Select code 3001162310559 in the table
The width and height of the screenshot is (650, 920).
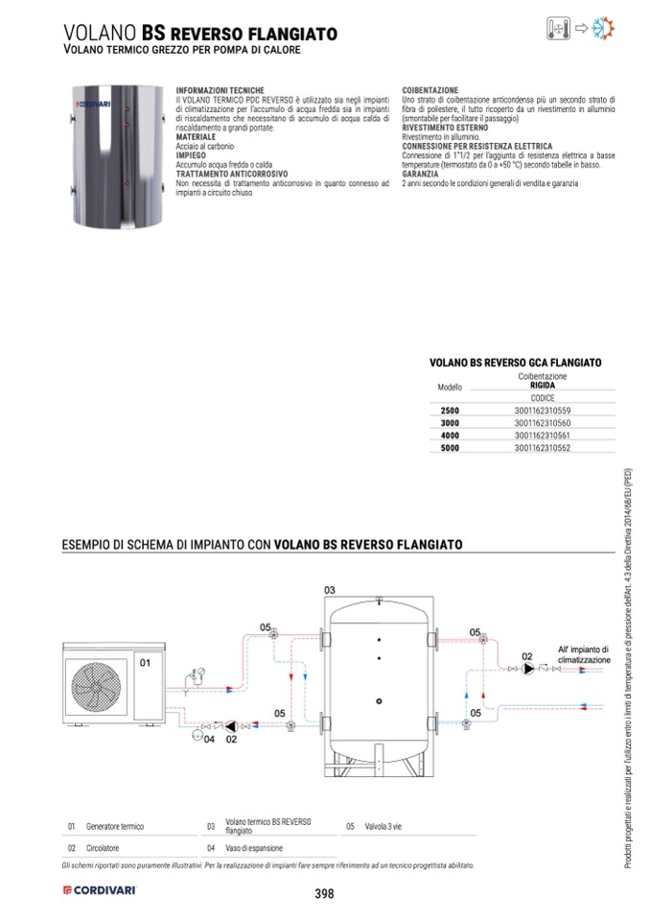point(543,411)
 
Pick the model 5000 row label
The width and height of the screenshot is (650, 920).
point(450,448)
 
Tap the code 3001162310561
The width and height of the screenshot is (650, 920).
point(543,436)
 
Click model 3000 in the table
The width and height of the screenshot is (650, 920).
point(450,423)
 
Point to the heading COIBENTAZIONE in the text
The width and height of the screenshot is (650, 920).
point(430,90)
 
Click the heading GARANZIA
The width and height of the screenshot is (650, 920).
point(421,174)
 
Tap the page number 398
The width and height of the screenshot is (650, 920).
point(324,894)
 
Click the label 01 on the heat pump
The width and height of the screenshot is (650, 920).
point(147,662)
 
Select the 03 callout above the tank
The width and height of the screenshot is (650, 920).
point(329,588)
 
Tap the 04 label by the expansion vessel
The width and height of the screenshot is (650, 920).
point(209,740)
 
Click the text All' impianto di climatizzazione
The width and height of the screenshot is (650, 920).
point(583,655)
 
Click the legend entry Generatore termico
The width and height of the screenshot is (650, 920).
point(115,826)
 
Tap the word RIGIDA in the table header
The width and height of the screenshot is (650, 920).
point(543,385)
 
